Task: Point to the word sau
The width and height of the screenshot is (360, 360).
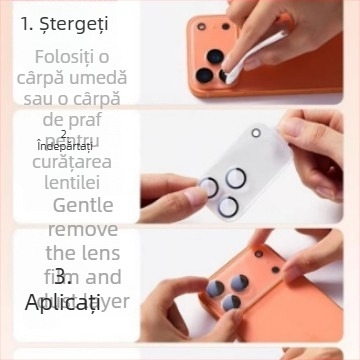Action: point(35,98)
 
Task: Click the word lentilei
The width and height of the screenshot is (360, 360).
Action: point(71,184)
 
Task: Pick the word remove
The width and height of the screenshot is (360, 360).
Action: point(82,229)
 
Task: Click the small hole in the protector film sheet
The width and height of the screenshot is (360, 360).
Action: point(256,133)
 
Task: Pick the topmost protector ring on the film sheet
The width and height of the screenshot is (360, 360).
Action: point(236,178)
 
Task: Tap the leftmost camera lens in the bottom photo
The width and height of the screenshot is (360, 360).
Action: point(215,291)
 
